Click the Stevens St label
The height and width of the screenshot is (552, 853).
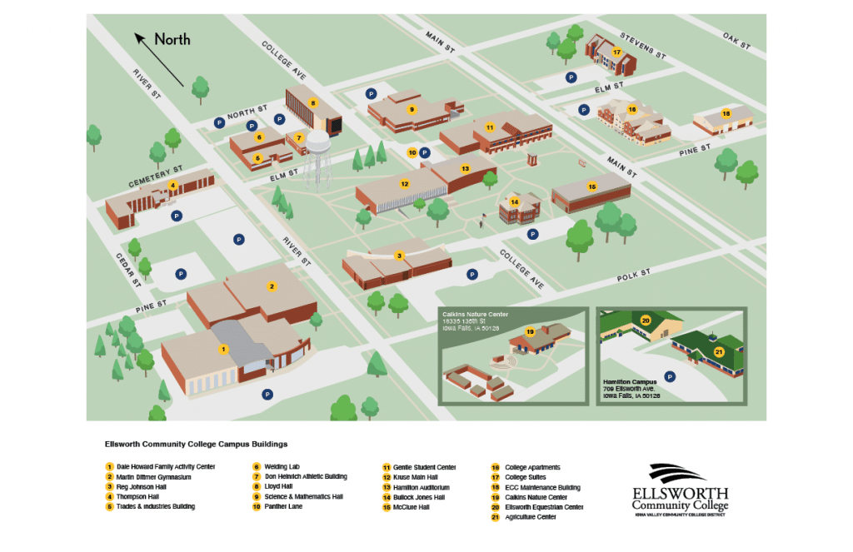click(x=644, y=46)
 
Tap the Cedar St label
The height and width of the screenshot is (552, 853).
click(x=128, y=270)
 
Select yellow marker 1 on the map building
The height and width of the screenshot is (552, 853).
click(x=222, y=350)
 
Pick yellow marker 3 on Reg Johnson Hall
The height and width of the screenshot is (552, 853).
click(x=400, y=256)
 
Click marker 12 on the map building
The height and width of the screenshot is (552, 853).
click(x=405, y=184)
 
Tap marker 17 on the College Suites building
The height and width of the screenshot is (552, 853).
click(x=616, y=52)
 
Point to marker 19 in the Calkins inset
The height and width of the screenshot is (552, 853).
click(x=530, y=332)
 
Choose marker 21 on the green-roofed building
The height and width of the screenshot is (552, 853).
click(x=719, y=351)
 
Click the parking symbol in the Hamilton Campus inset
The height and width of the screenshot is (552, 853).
click(x=670, y=376)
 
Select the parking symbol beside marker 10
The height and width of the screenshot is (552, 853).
click(x=425, y=152)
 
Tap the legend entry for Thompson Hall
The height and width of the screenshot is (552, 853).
click(x=138, y=497)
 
